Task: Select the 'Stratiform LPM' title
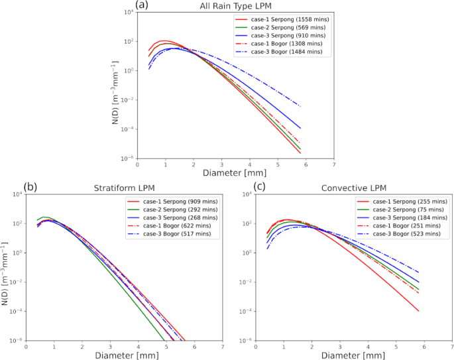click(x=123, y=188)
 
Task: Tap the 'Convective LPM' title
click(x=347, y=188)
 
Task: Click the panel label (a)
click(x=142, y=5)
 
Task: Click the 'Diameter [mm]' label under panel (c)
click(x=347, y=354)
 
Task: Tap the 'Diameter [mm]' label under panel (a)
click(x=235, y=172)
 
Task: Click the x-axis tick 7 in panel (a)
click(x=334, y=164)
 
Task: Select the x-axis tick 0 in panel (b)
click(x=25, y=345)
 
